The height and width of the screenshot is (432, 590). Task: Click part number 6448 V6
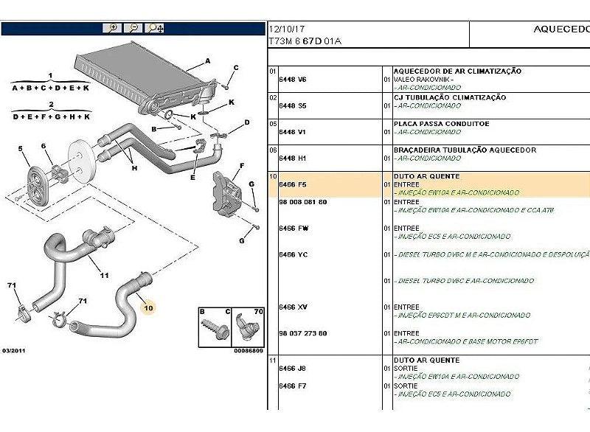[x=292, y=79]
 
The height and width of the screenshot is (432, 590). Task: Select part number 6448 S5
[x=292, y=105]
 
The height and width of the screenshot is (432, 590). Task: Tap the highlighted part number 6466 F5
[x=292, y=184]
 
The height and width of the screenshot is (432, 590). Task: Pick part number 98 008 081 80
[x=302, y=201]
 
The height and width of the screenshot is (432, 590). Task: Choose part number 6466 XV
[x=293, y=307]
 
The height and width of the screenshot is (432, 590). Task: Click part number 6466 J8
[x=292, y=368]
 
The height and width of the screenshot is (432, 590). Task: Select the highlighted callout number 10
[x=149, y=307]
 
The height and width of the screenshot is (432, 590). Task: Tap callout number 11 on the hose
[x=104, y=276]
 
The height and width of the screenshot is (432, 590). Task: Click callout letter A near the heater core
[x=209, y=61]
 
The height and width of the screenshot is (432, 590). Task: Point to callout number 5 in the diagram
[x=20, y=149]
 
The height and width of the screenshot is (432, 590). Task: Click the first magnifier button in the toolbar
[x=113, y=28]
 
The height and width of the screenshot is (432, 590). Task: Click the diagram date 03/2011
[x=15, y=350]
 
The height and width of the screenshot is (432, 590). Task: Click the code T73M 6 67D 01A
[x=305, y=42]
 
